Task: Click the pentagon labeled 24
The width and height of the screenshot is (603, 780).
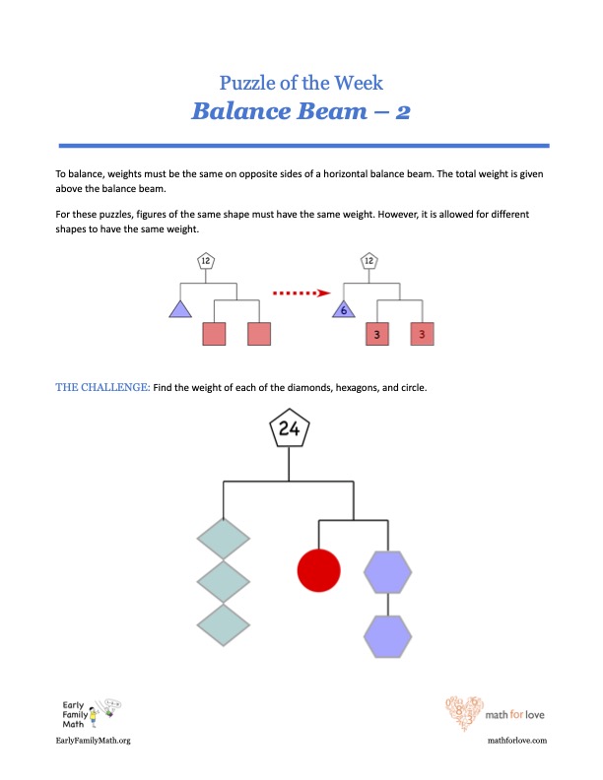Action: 289,429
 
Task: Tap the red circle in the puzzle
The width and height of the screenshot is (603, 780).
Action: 319,569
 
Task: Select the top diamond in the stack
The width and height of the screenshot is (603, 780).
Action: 224,540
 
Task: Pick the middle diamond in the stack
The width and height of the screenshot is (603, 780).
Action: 224,582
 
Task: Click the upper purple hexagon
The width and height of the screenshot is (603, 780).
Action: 387,571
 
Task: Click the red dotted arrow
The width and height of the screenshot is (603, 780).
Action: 299,292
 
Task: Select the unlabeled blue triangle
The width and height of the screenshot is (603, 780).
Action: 179,309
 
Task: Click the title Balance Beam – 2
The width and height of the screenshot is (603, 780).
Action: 301,110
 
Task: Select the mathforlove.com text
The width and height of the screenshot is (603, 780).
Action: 517,740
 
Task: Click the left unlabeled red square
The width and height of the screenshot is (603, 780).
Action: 215,334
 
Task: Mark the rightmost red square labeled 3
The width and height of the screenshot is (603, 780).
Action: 423,334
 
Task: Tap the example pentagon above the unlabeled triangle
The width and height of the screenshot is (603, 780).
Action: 205,261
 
